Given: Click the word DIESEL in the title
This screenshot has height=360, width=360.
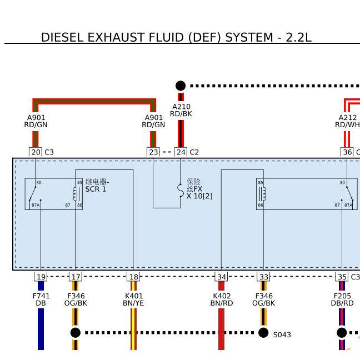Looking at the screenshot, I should pyautogui.click(x=61, y=38).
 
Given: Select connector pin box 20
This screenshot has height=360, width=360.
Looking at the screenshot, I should pyautogui.click(x=36, y=152).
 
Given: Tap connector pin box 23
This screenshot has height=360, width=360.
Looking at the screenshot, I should pyautogui.click(x=153, y=152).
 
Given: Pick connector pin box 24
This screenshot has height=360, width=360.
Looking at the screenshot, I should pyautogui.click(x=181, y=152).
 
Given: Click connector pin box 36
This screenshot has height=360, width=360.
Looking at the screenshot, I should pyautogui.click(x=347, y=152).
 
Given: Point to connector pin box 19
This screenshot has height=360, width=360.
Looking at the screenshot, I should pyautogui.click(x=41, y=277).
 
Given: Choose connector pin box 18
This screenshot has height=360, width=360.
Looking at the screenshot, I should pyautogui.click(x=133, y=277).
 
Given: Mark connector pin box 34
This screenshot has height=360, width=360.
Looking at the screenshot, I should pyautogui.click(x=222, y=277).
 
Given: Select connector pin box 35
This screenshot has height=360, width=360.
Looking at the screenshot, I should pyautogui.click(x=342, y=277).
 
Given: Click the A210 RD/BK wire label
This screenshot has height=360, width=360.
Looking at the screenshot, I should pyautogui.click(x=181, y=110).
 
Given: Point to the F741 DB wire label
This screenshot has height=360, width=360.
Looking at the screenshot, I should pyautogui.click(x=41, y=299).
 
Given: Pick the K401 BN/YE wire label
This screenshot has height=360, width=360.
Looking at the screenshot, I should pyautogui.click(x=133, y=299).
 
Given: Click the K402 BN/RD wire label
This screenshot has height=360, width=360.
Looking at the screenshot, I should pyautogui.click(x=222, y=299).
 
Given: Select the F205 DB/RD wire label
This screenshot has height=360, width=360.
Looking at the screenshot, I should pyautogui.click(x=342, y=299).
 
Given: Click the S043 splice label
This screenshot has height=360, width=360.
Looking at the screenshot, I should pyautogui.click(x=282, y=335).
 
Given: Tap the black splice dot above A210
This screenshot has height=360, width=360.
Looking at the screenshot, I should pyautogui.click(x=181, y=86).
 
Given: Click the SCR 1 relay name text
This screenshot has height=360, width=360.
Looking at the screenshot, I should pyautogui.click(x=96, y=189).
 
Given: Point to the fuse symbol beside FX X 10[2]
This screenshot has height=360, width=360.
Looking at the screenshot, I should pyautogui.click(x=180, y=190).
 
